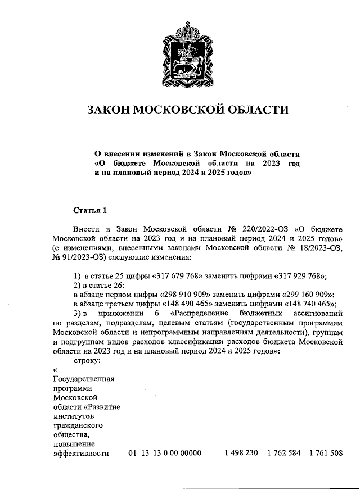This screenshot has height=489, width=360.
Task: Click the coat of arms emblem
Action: coord(181,51)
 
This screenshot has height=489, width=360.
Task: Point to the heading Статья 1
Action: coord(89,211)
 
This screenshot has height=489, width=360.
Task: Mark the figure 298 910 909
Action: coord(186,294)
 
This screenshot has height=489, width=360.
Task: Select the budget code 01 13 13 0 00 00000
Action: coord(164,453)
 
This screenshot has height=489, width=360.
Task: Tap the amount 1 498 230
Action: coord(241,453)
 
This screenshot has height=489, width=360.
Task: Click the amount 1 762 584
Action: coord(284,453)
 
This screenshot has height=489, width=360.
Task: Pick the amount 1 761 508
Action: coord(326,453)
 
